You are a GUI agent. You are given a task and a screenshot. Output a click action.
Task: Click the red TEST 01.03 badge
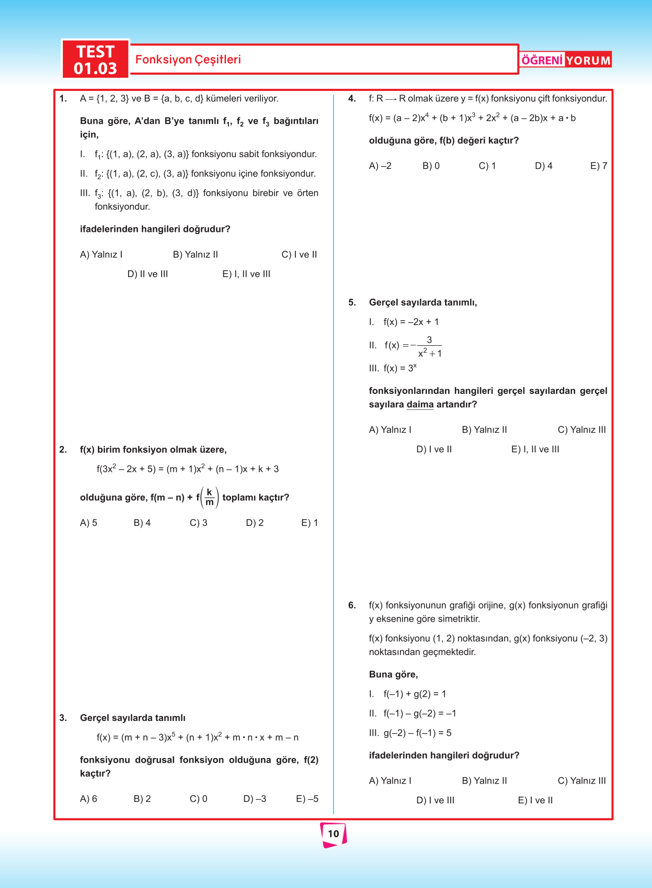tap(95, 60)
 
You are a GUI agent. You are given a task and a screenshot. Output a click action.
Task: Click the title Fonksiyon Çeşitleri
tap(188, 60)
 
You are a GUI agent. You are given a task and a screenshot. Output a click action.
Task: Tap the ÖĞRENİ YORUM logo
tap(566, 60)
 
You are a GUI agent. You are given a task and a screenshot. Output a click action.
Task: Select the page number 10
tap(333, 834)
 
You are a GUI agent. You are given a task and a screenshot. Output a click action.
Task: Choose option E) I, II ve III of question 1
tap(246, 274)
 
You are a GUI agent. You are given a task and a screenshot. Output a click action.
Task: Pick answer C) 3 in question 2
tap(198, 523)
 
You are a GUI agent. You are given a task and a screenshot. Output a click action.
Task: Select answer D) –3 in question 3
tap(255, 799)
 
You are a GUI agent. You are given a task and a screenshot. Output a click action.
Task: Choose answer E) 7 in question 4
tap(599, 166)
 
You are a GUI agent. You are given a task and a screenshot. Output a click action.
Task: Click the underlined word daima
tap(420, 405)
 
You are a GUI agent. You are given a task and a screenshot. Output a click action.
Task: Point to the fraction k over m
tap(210, 497)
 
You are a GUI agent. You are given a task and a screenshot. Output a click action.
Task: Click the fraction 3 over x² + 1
tap(429, 347)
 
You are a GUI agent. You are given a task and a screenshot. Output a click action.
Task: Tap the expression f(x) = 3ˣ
tap(400, 368)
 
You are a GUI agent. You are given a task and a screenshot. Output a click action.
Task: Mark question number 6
tap(352, 605)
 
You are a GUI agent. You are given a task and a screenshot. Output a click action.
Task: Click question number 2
tap(63, 450)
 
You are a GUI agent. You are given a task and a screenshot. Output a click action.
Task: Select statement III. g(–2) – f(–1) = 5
tap(410, 733)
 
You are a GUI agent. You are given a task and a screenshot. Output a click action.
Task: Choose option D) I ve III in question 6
tap(435, 800)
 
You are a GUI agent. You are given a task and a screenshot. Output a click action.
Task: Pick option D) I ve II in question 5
tap(434, 449)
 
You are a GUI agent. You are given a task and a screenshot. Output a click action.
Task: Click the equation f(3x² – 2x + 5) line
tap(187, 469)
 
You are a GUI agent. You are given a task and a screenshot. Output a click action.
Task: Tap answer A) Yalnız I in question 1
tap(101, 255)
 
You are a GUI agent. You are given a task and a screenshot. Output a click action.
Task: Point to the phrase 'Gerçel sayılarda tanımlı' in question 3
tap(133, 718)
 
